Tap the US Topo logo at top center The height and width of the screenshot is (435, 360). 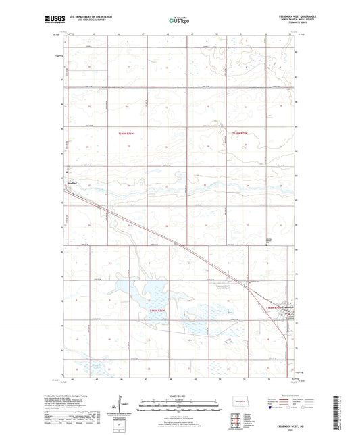coord(178,21)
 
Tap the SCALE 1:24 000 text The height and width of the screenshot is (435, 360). coord(180,396)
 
